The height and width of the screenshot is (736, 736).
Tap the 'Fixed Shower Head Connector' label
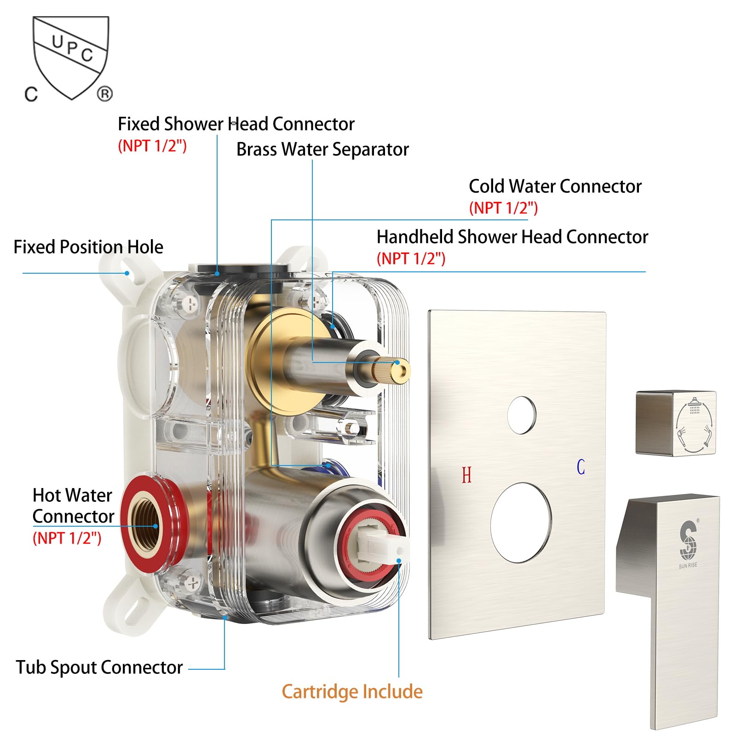(236, 124)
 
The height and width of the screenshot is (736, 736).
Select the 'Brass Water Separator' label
(322, 149)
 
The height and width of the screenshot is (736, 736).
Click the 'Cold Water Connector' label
(555, 186)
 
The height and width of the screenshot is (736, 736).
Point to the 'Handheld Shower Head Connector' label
(512, 237)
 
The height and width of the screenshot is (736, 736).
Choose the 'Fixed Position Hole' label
(88, 247)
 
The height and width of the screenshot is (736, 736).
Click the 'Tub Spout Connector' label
(99, 667)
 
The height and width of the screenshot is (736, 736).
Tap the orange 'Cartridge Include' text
(352, 691)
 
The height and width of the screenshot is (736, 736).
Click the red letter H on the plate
(466, 475)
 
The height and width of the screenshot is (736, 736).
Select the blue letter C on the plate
(581, 467)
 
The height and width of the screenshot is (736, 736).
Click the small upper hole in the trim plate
(522, 414)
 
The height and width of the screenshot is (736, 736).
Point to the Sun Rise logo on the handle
(688, 543)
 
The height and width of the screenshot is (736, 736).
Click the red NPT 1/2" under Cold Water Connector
(503, 208)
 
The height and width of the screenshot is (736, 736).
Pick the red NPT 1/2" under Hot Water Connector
(67, 538)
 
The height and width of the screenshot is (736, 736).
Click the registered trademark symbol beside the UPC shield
(105, 94)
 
